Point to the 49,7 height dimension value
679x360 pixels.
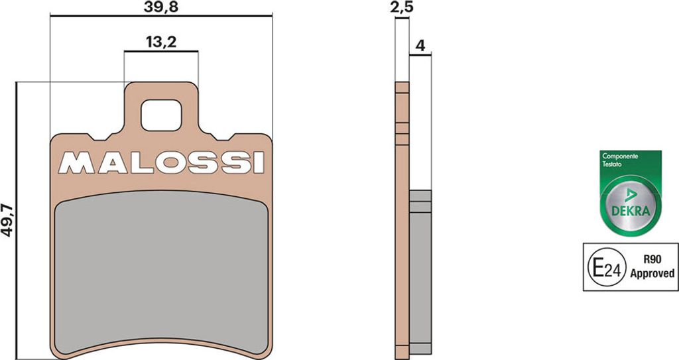click(x=8, y=220)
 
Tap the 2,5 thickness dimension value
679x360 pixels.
click(x=401, y=9)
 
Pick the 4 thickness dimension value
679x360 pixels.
click(x=420, y=46)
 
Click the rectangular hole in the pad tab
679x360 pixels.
click(x=161, y=115)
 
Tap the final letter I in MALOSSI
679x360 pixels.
click(x=257, y=162)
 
